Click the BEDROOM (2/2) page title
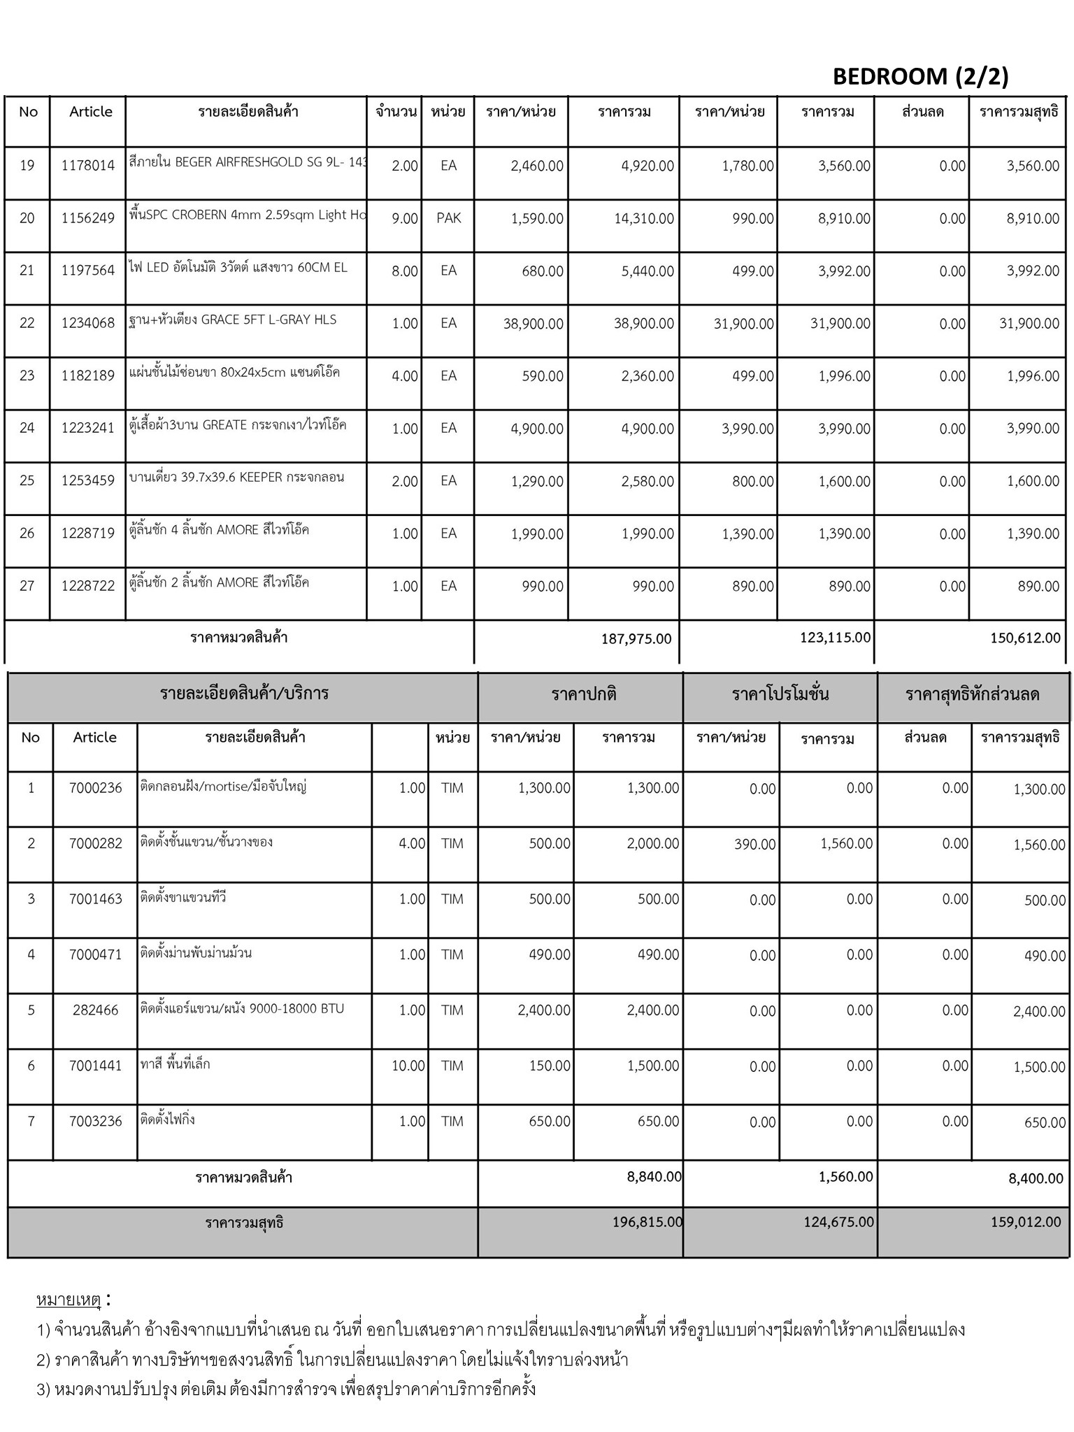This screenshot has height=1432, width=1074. point(920,76)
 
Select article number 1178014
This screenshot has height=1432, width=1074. point(88,166)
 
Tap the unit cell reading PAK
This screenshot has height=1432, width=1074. point(448,218)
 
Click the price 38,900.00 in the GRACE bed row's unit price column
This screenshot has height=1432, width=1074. point(533,324)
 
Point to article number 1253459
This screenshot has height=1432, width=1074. point(88,481)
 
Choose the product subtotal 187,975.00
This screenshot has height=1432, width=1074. point(636,638)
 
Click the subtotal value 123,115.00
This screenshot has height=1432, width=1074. point(836,637)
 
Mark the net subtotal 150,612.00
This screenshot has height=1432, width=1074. point(1025,638)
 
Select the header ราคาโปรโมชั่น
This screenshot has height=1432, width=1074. point(780,694)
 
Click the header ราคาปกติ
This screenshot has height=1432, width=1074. point(584,694)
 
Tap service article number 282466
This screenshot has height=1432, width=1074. point(96,1010)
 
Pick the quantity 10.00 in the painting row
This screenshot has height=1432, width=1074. point(408,1066)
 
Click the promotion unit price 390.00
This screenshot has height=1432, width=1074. point(754,845)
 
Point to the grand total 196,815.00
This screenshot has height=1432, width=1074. point(647,1222)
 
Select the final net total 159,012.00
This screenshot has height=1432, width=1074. point(1026,1222)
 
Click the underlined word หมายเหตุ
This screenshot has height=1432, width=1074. point(69,1300)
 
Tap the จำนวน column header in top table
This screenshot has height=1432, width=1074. point(396,112)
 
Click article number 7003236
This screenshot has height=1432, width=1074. point(96,1122)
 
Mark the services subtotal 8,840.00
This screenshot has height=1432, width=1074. point(654,1177)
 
